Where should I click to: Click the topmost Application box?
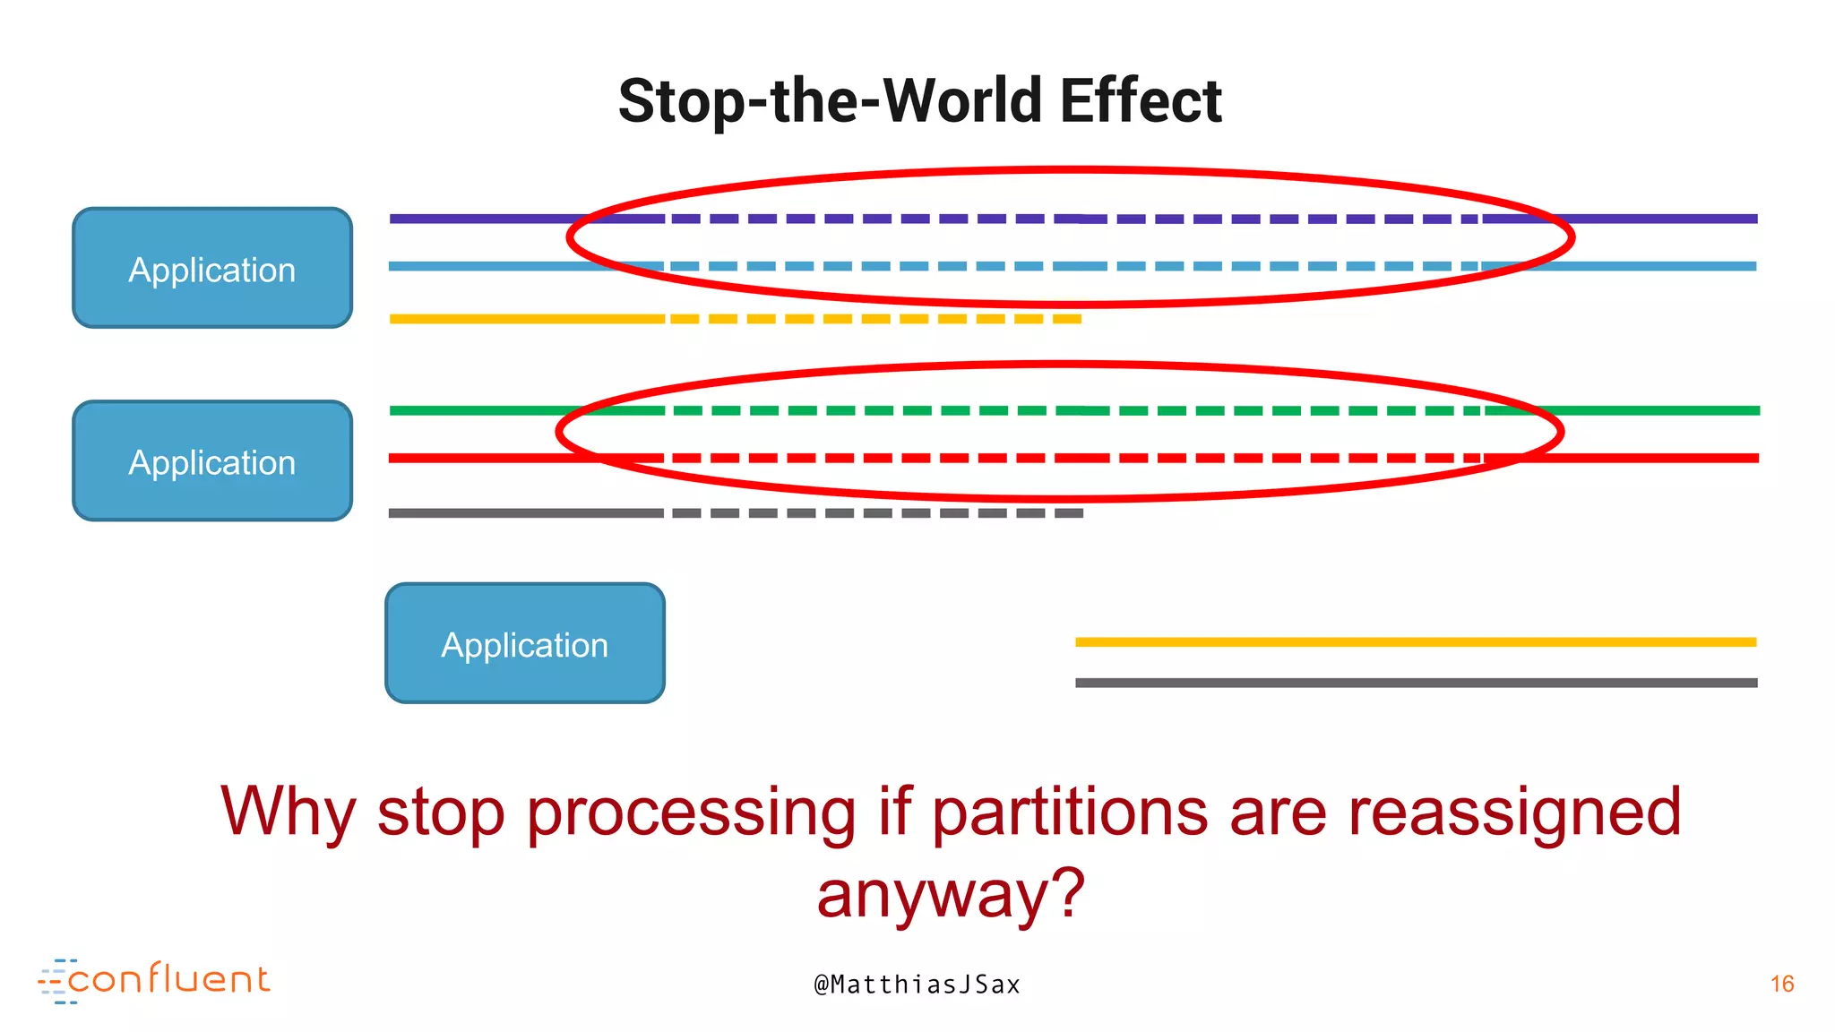212,268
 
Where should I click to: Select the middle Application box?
212,460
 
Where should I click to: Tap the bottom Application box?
525,643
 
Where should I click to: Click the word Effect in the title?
1141,100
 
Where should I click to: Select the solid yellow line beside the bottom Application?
1416,641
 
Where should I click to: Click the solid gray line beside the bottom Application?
1416,683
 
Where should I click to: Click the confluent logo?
154,980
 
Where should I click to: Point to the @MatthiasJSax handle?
917,985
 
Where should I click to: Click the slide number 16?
1782,984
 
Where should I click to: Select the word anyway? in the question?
951,893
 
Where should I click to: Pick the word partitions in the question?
1070,812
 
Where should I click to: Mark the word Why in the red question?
288,812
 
